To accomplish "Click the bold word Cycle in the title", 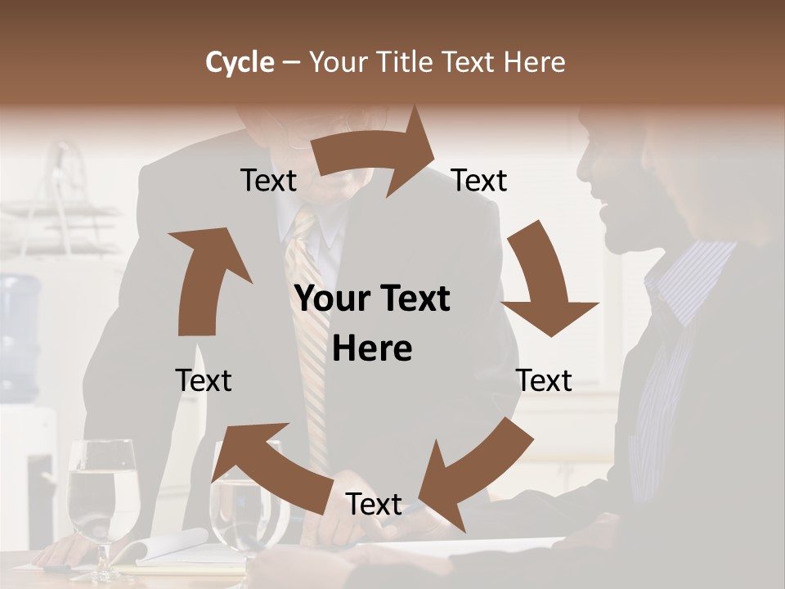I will coord(240,62).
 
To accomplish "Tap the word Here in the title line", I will coord(533,62).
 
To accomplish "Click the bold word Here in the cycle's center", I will coord(372,349).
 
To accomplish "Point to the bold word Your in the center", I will coord(328,299).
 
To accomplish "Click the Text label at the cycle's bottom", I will coord(374,504).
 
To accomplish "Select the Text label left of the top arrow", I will coord(268,181).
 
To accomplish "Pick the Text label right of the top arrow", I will coord(479,181).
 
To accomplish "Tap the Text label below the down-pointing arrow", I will coord(544,380).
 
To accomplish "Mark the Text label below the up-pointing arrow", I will coord(204,380).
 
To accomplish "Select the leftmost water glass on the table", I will coord(102,499).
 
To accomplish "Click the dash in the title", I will coord(291,62).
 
